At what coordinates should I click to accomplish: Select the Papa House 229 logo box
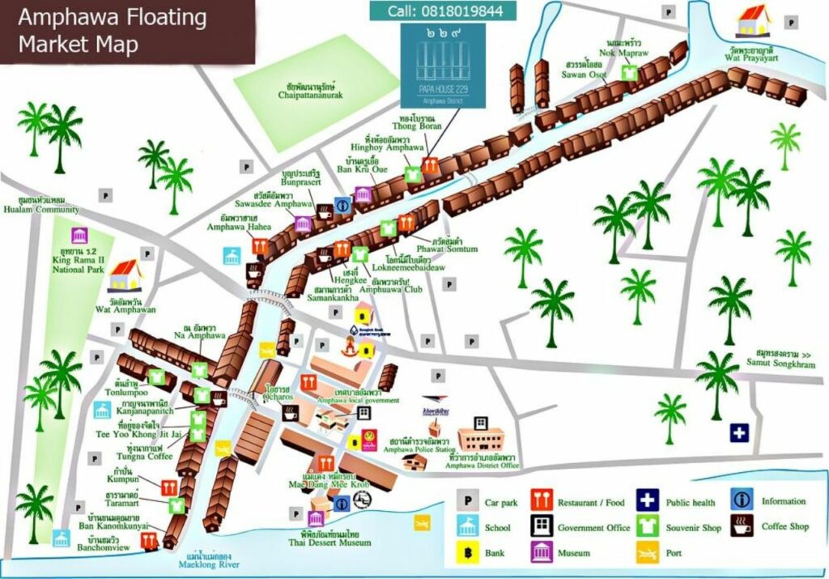[x=443, y=64]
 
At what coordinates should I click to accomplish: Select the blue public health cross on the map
[x=739, y=432]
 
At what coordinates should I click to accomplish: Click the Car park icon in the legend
[x=467, y=501]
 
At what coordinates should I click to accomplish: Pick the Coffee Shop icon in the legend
[x=741, y=526]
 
